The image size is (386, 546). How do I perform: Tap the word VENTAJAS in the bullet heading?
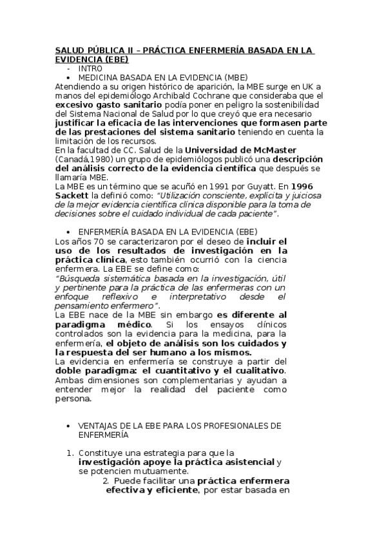[x=98, y=426]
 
